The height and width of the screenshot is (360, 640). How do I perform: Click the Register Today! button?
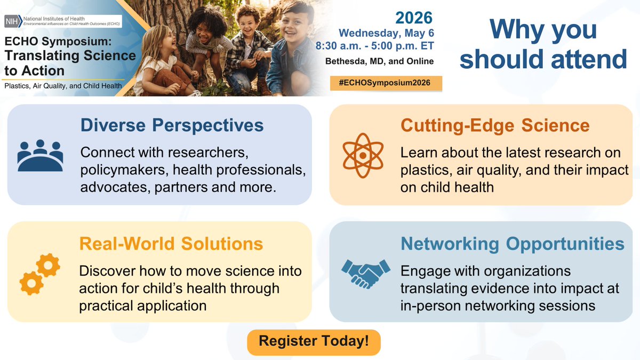(314, 342)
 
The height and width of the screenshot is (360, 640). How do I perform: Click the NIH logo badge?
(11, 21)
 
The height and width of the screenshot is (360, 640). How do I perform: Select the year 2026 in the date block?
(413, 18)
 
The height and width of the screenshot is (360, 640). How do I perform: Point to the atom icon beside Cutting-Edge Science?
(363, 155)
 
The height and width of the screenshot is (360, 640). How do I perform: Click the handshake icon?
(366, 273)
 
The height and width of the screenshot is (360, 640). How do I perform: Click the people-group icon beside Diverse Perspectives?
(40, 155)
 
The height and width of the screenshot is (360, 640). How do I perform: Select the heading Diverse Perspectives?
(172, 125)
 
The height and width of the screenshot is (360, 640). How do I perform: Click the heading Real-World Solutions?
(171, 243)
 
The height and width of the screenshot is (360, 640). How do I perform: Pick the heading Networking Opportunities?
(512, 243)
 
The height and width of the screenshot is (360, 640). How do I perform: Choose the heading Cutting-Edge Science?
(494, 125)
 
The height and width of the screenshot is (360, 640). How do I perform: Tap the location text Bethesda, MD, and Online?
(379, 61)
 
